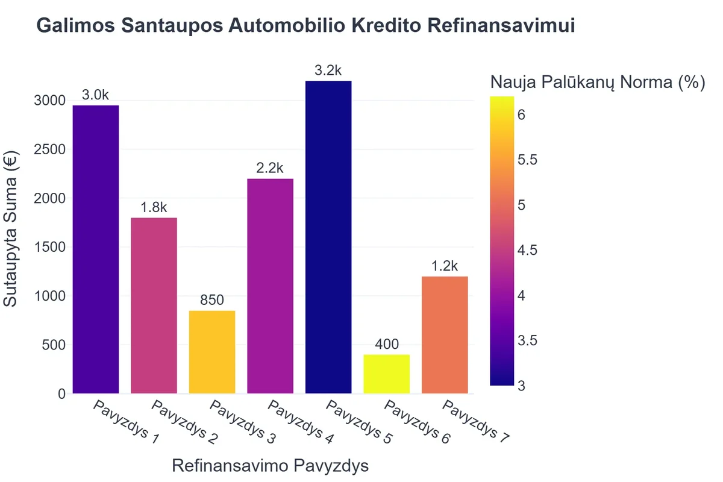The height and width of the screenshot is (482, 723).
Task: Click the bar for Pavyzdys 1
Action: click(x=95, y=249)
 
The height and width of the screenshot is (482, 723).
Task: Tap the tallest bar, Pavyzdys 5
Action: click(x=328, y=237)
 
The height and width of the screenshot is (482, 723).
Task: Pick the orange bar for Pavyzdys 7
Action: click(x=445, y=334)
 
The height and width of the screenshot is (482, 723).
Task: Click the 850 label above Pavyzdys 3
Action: click(x=212, y=299)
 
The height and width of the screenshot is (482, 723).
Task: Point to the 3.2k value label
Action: click(x=328, y=70)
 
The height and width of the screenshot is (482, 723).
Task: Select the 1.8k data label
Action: click(x=154, y=207)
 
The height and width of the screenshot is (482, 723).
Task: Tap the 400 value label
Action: click(x=387, y=344)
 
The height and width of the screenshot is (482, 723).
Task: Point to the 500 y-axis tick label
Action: click(x=54, y=345)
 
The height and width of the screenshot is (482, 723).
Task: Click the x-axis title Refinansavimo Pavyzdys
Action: click(x=271, y=466)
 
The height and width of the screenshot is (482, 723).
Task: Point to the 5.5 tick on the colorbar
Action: click(x=528, y=160)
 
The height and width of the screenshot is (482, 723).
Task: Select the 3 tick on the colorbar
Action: click(x=522, y=386)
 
